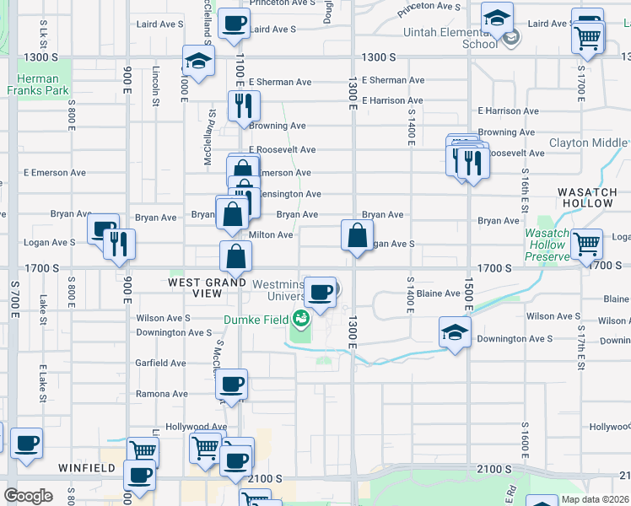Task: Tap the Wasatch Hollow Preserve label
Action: pyautogui.click(x=547, y=244)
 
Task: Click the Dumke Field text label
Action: pyautogui.click(x=256, y=320)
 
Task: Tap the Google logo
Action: pyautogui.click(x=28, y=496)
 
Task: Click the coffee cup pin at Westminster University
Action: pyautogui.click(x=320, y=291)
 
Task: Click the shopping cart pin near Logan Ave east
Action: pyautogui.click(x=587, y=244)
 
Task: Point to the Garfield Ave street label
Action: pyautogui.click(x=161, y=363)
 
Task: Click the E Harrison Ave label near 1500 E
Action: pyautogui.click(x=508, y=110)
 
